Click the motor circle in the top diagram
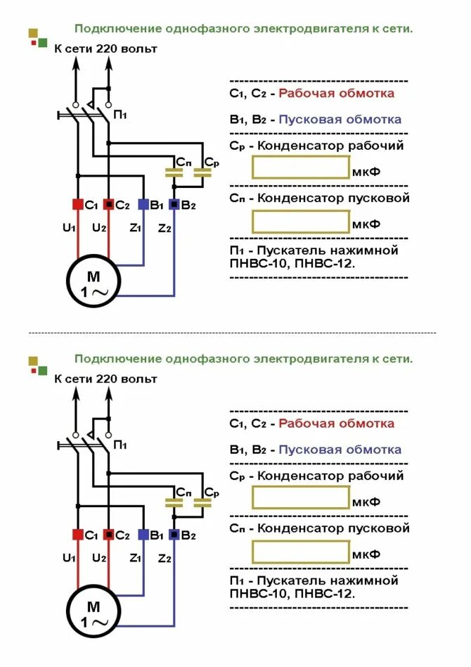point(93,283)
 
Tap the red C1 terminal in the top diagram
point(78,204)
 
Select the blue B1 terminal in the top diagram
point(143,204)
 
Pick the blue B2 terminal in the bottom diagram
point(174,535)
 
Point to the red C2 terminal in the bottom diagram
point(109,535)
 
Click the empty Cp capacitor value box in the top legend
point(301,167)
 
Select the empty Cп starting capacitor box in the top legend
point(301,222)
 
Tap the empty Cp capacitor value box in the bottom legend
point(301,497)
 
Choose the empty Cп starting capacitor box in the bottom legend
point(301,552)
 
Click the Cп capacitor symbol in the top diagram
point(174,171)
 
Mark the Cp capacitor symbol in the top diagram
point(205,171)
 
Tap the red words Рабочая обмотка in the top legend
point(336,93)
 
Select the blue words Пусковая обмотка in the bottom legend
point(340,450)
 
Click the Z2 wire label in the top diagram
point(164,228)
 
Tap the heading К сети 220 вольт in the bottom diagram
point(105,379)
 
